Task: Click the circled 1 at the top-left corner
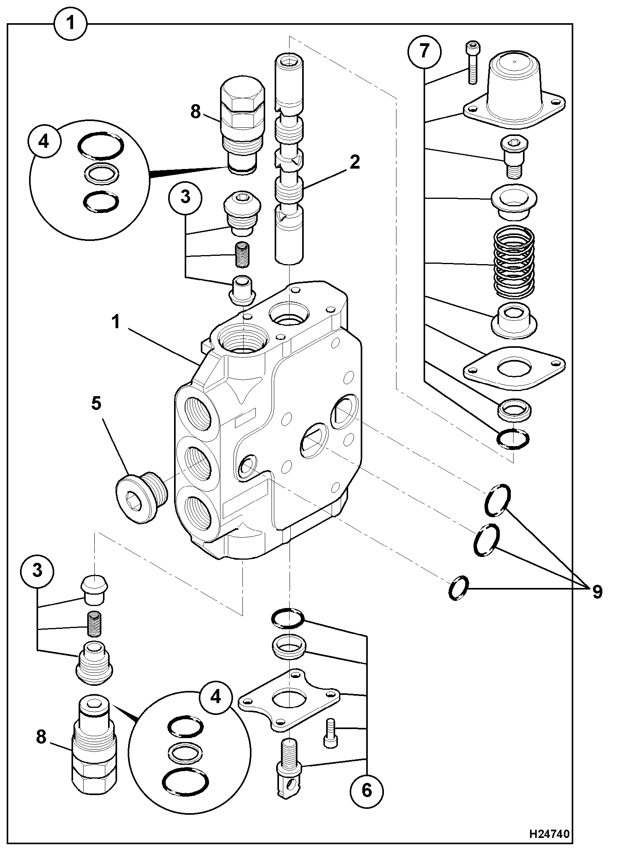pyautogui.click(x=70, y=23)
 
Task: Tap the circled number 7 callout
pyautogui.click(x=424, y=51)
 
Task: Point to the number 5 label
pyautogui.click(x=97, y=404)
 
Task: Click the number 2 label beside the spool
pyautogui.click(x=354, y=162)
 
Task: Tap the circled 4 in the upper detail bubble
pyautogui.click(x=44, y=141)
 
